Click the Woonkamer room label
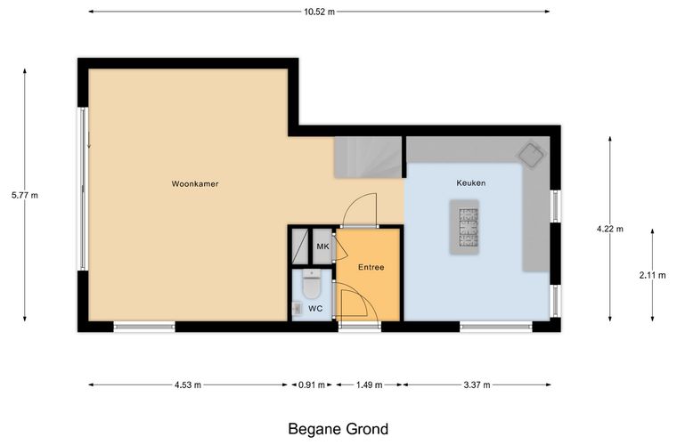(x=195, y=183)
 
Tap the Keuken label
(x=470, y=182)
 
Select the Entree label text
(x=371, y=267)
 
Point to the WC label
(x=315, y=309)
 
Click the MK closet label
(x=322, y=247)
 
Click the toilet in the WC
(x=311, y=284)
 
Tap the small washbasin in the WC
(x=297, y=308)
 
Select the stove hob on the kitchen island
(x=469, y=227)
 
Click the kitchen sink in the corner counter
(x=532, y=154)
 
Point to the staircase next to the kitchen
(x=368, y=158)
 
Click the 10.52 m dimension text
(x=319, y=12)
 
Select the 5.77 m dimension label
(x=25, y=195)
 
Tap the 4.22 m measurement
(x=609, y=229)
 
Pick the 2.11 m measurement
(x=652, y=275)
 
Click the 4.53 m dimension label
(x=188, y=385)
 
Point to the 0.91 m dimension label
(x=311, y=385)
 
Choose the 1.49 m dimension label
(x=369, y=385)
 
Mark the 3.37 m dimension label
(x=477, y=385)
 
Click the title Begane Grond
(x=338, y=429)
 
